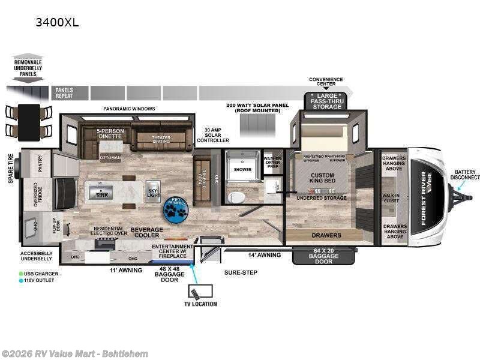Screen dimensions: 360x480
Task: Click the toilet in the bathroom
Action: click(x=238, y=197)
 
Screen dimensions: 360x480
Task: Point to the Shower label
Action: click(x=242, y=169)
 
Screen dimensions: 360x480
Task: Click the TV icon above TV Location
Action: click(x=197, y=293)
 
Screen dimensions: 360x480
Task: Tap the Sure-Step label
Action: click(x=241, y=272)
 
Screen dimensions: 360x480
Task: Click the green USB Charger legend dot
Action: click(x=21, y=274)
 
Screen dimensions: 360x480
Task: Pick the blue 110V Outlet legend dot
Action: click(x=21, y=281)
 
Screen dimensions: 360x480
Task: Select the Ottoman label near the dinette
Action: click(x=110, y=158)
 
